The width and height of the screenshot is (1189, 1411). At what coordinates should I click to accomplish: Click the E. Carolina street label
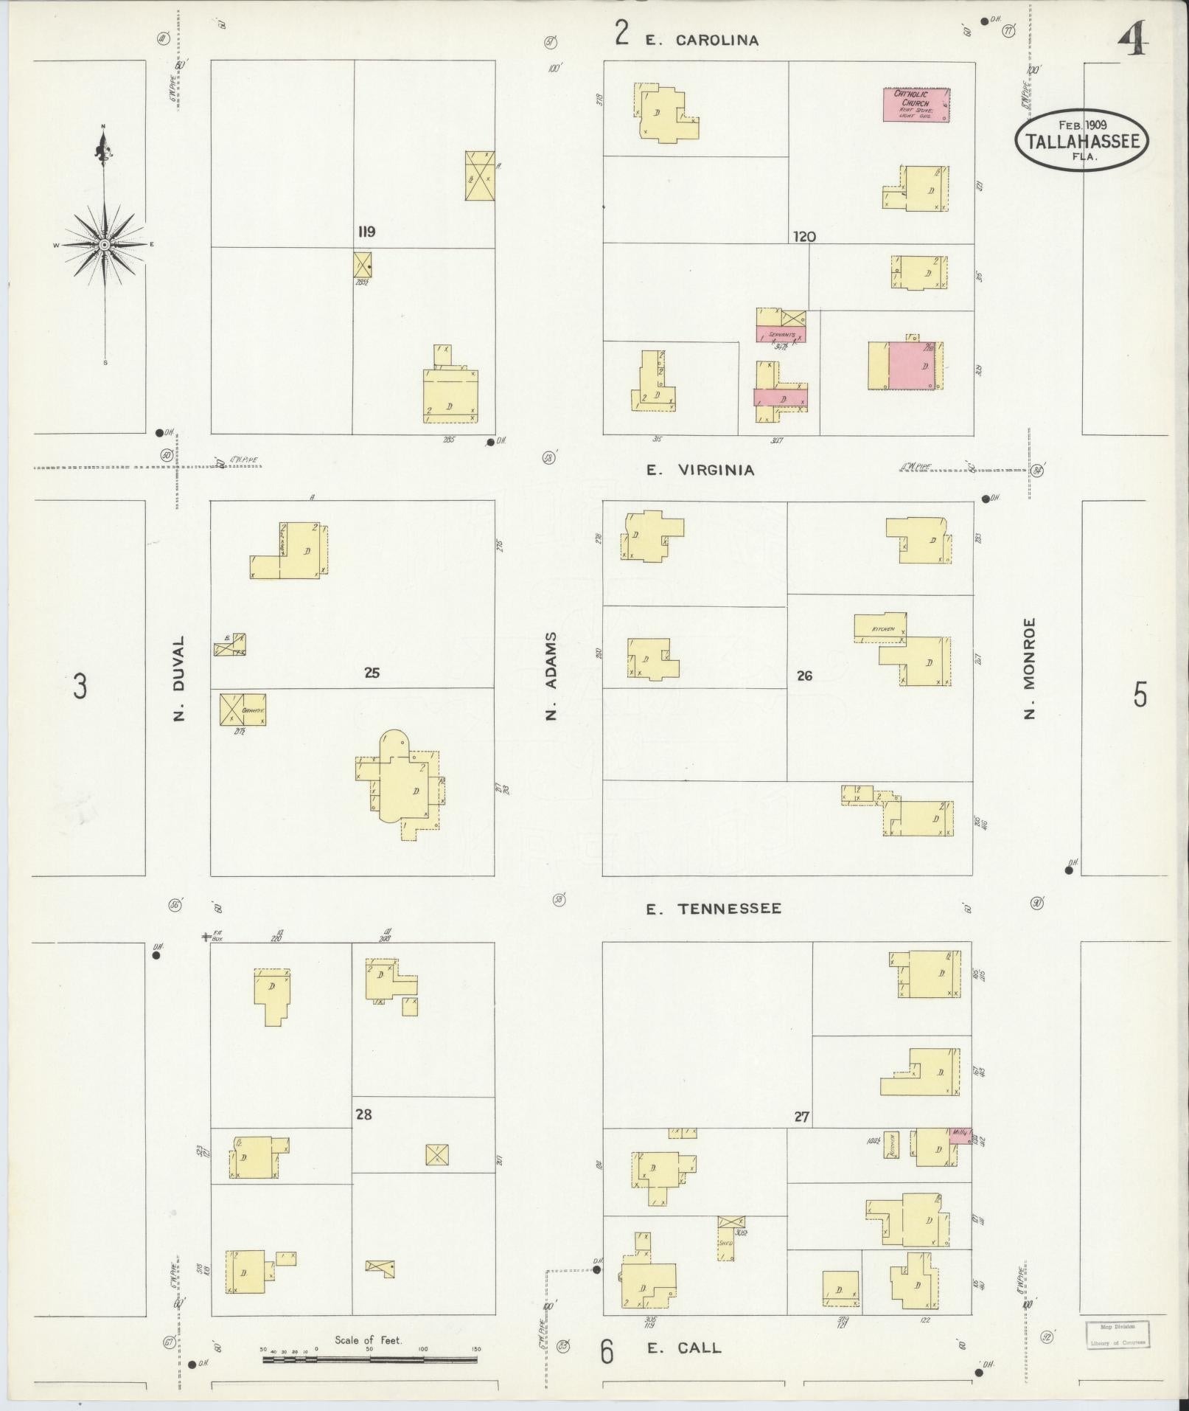tap(702, 41)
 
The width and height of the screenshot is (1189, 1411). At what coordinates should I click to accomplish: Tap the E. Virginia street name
tap(700, 470)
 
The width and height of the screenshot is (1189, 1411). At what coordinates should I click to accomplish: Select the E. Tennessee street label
tap(713, 909)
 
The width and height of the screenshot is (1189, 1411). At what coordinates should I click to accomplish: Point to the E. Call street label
tap(683, 1348)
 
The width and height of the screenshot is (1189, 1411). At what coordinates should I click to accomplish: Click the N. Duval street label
tap(179, 678)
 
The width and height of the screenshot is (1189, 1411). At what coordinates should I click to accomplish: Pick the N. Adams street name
tap(552, 675)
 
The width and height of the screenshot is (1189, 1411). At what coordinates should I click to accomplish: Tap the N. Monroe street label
tap(1030, 668)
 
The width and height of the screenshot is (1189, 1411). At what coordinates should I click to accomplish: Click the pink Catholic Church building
tap(916, 105)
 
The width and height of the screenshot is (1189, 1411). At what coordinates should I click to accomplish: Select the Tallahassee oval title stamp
tap(1081, 140)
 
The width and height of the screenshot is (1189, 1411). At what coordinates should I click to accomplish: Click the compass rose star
tap(105, 244)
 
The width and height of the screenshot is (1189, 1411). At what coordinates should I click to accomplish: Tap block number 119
tap(366, 232)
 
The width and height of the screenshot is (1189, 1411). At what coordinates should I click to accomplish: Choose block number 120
tap(804, 237)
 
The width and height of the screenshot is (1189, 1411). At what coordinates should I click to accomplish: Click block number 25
tap(372, 673)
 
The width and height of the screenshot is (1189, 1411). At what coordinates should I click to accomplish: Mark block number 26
tap(804, 675)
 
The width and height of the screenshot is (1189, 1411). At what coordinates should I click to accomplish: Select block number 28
tap(363, 1114)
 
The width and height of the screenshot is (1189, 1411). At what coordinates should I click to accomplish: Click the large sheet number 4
tap(1134, 40)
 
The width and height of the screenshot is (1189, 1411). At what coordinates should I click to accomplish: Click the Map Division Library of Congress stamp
tap(1117, 1334)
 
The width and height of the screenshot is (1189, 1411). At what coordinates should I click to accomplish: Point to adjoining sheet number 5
tap(1140, 694)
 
